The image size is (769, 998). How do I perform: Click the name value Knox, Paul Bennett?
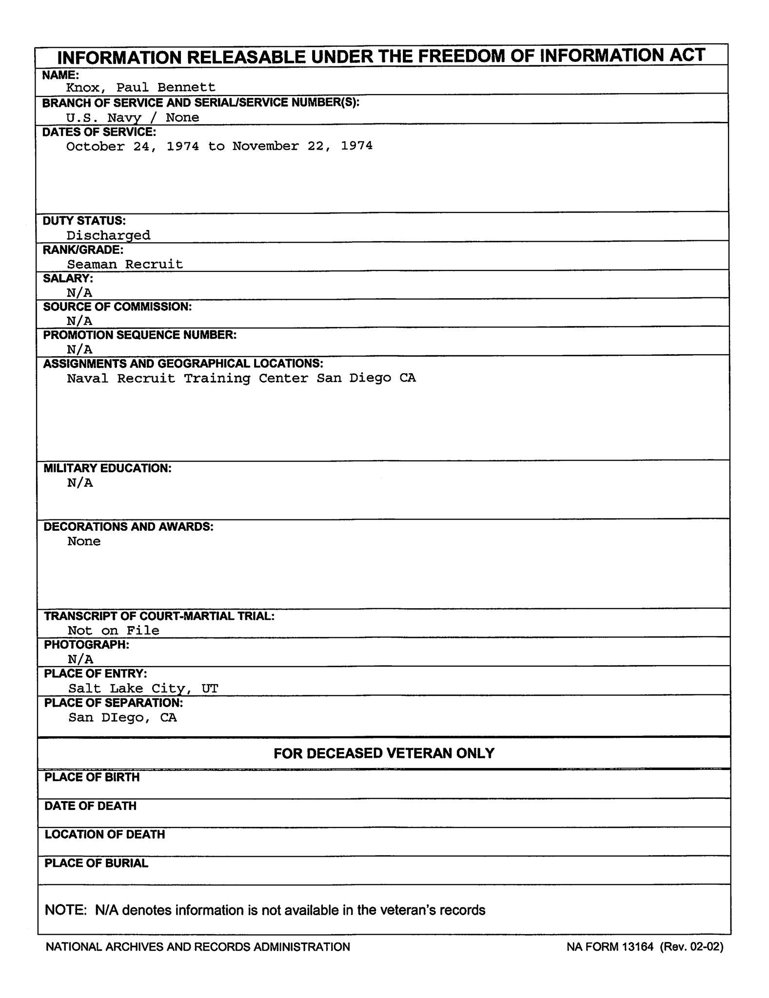coord(140,87)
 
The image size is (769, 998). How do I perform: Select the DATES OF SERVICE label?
coord(99,132)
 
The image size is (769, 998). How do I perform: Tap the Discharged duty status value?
coord(108,235)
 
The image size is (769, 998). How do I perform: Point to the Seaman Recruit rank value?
coord(125,264)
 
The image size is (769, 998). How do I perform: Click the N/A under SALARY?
coord(79,292)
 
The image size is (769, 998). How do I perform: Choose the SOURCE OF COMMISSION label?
coord(117,307)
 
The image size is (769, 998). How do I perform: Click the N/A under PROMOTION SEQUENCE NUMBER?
coord(79,349)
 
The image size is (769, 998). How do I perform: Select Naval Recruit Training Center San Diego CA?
coord(241,378)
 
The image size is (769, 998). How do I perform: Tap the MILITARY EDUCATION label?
coord(107,468)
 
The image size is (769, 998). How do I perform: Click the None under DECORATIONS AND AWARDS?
coord(84,541)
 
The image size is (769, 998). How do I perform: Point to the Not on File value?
coord(113,631)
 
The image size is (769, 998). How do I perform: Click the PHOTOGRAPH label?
coord(86,645)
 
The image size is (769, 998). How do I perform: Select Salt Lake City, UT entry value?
coord(143,689)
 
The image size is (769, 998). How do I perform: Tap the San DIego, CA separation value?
coord(122,717)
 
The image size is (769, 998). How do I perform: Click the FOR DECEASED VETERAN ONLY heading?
coord(384,753)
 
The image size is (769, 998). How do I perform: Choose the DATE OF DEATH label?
coord(90,806)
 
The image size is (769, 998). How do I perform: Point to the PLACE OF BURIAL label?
coord(96,864)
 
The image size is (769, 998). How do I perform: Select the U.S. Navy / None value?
coord(133,117)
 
